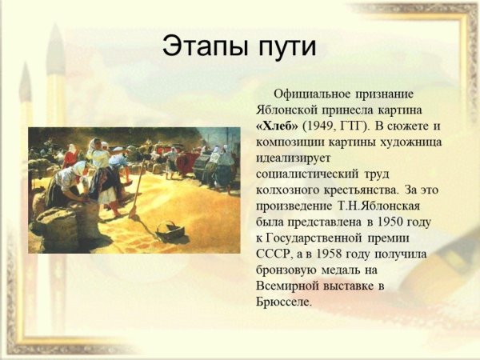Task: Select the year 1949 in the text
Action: point(324,126)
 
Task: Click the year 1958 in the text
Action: point(348,254)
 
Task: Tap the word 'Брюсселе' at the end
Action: point(281,302)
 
